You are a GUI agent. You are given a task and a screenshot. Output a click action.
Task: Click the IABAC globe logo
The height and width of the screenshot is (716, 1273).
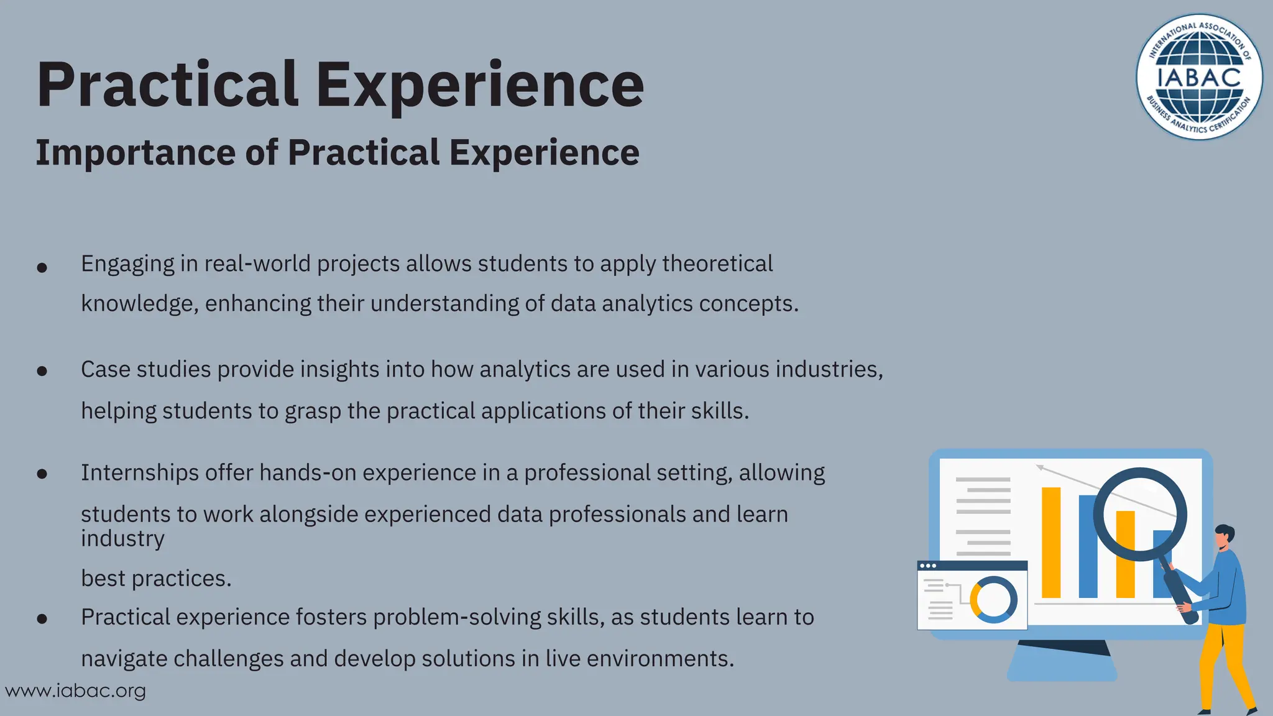point(1199,77)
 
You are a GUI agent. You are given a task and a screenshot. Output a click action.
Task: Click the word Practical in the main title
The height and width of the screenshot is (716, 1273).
point(167,85)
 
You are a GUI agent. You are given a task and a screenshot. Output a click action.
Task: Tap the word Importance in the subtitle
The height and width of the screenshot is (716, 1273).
point(135,153)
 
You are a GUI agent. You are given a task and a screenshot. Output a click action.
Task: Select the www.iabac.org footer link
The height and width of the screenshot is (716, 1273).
point(75,691)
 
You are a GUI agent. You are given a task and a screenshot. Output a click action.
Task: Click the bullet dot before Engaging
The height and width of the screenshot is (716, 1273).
point(42,268)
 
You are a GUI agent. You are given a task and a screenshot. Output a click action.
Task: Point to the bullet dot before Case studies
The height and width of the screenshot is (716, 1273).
point(42,372)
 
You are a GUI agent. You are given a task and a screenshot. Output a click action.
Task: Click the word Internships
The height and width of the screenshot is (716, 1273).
point(140,473)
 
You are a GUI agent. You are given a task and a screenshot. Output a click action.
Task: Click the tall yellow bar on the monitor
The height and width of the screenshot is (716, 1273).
point(1051,542)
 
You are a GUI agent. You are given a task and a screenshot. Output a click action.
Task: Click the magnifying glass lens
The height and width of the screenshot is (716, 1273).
point(1140,515)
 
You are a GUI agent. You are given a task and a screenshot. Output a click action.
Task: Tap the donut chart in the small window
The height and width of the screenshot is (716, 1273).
point(993,600)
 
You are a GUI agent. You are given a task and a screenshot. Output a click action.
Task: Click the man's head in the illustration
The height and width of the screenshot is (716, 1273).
point(1224,536)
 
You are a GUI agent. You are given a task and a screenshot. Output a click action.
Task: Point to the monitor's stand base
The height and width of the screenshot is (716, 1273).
point(1062,670)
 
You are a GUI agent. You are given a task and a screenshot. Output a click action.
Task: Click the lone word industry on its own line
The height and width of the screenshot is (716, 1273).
point(122,539)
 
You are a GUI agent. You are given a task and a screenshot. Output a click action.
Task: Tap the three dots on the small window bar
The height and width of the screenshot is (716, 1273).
point(927,566)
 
